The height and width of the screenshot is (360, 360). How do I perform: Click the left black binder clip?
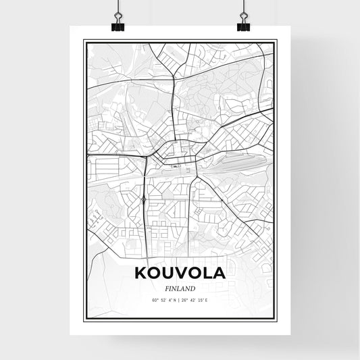click(x=117, y=26)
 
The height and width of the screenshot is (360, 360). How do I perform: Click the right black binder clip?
click(x=243, y=26)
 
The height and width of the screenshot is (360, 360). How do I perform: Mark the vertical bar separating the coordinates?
click(x=179, y=299)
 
